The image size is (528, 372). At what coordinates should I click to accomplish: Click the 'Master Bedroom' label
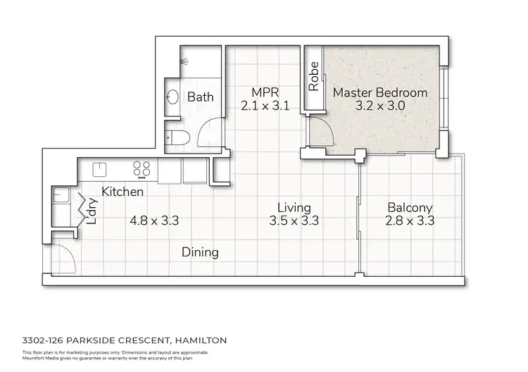pos(379,92)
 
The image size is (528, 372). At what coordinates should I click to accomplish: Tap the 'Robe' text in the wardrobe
pos(313,77)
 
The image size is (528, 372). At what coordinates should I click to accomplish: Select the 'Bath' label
pos(200,97)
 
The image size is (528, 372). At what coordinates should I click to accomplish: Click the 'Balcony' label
pos(410,208)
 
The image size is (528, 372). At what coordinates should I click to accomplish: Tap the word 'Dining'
pos(200,252)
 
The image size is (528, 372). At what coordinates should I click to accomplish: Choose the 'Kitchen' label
pos(123,192)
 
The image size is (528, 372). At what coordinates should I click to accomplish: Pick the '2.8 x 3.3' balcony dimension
pos(410,221)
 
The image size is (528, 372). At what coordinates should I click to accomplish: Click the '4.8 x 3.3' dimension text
pos(154,221)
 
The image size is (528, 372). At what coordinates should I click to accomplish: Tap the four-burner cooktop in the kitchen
pos(142,169)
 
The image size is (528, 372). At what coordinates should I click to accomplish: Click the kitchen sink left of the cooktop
pos(99,169)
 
